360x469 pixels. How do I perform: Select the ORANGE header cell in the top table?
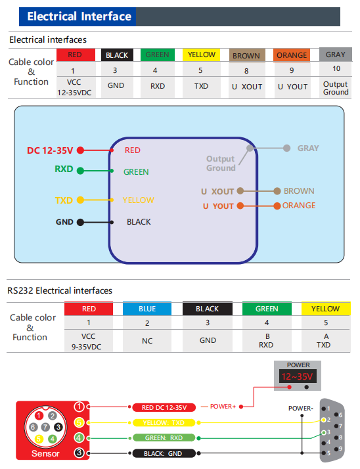(x=292, y=55)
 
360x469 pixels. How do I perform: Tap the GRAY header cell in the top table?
(x=336, y=55)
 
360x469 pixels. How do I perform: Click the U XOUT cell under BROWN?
(x=247, y=87)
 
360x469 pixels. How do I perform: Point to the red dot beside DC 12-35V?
(x=80, y=150)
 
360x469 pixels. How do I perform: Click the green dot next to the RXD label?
(x=80, y=171)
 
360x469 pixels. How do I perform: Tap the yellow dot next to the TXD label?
(x=80, y=200)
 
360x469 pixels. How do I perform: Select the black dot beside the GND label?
(x=80, y=222)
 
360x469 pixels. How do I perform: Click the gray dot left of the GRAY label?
(x=286, y=148)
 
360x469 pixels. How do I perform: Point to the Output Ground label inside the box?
(x=221, y=164)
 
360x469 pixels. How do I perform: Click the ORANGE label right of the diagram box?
(x=299, y=206)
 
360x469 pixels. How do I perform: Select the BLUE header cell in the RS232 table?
(x=147, y=309)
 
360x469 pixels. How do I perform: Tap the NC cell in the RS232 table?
(x=147, y=341)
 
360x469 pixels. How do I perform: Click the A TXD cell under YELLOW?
(x=326, y=341)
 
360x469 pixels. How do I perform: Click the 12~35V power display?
(x=297, y=376)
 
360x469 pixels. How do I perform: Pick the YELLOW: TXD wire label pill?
(x=164, y=422)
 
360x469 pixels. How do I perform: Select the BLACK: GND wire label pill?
(x=164, y=453)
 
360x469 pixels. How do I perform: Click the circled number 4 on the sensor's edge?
(x=79, y=438)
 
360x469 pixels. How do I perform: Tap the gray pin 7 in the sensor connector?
(x=45, y=427)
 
